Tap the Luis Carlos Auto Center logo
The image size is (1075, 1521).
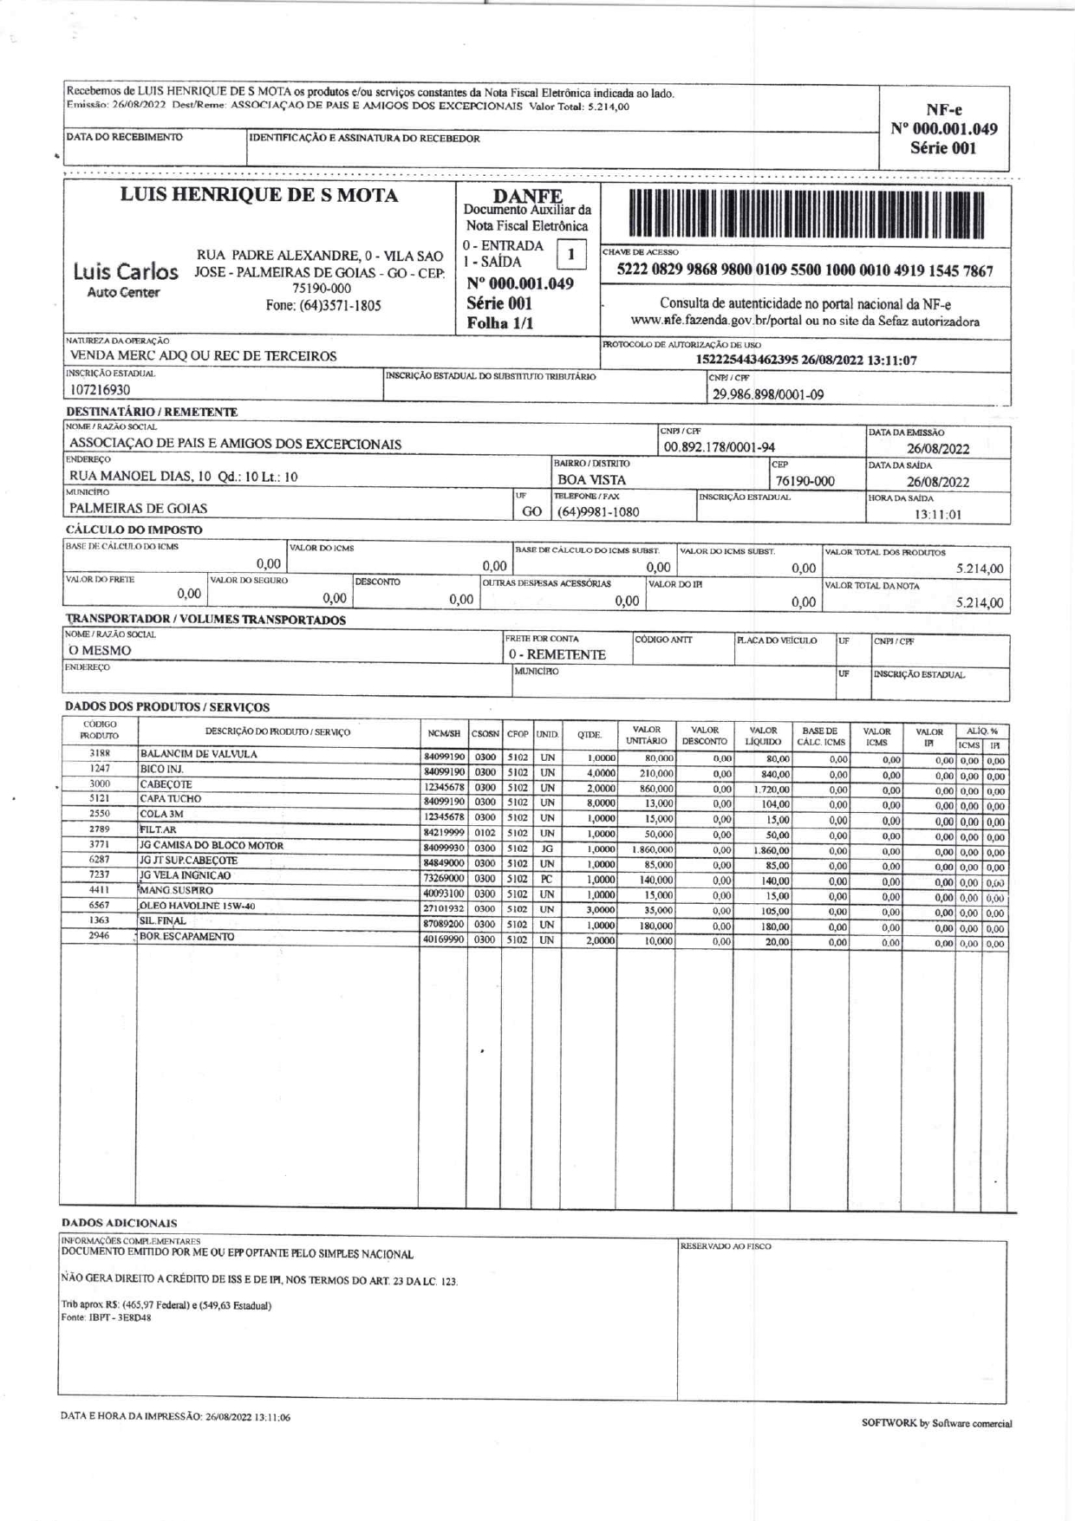pyautogui.click(x=126, y=280)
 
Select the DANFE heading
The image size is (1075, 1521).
pyautogui.click(x=527, y=197)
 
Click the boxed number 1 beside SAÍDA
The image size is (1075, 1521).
pyautogui.click(x=570, y=255)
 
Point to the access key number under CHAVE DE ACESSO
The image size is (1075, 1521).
pyautogui.click(x=805, y=271)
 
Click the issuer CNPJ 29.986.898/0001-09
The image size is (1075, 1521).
pyautogui.click(x=767, y=395)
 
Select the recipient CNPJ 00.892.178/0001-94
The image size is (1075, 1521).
pyautogui.click(x=719, y=448)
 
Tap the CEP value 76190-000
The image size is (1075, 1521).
pyautogui.click(x=805, y=482)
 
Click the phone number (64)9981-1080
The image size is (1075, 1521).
pyautogui.click(x=597, y=511)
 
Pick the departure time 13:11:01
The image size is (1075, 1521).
pyautogui.click(x=938, y=515)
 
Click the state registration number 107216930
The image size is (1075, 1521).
pyautogui.click(x=100, y=390)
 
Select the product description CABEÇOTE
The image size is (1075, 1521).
pyautogui.click(x=166, y=784)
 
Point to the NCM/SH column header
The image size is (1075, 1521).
pyautogui.click(x=443, y=734)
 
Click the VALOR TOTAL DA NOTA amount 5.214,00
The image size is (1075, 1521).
pyautogui.click(x=980, y=603)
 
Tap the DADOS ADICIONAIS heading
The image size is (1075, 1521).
pyautogui.click(x=119, y=1223)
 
